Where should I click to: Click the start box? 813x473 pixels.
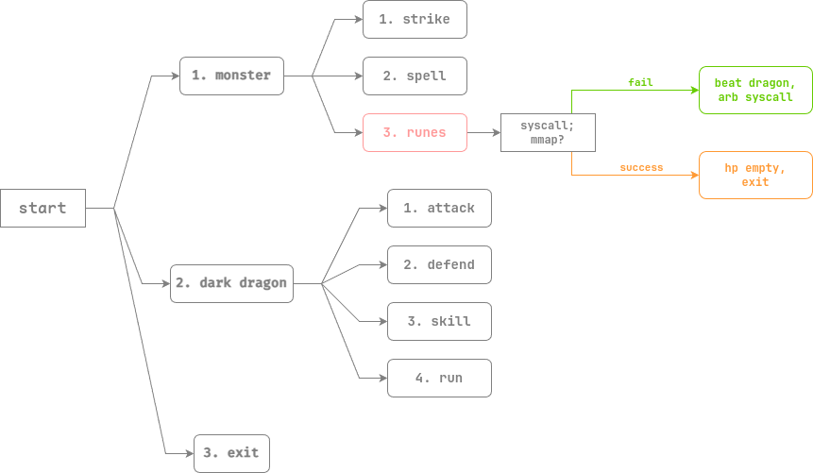click(42, 208)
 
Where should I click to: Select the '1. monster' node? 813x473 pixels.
click(231, 76)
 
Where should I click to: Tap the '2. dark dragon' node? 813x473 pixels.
click(231, 283)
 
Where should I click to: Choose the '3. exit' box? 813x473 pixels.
click(232, 453)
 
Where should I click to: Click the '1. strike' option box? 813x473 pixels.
click(415, 19)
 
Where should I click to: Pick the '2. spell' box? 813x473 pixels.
click(415, 76)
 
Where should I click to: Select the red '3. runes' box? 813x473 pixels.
click(415, 132)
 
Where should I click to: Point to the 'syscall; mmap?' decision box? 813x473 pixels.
click(549, 132)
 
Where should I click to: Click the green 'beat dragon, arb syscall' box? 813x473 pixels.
click(754, 91)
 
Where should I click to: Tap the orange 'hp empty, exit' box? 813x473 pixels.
click(754, 175)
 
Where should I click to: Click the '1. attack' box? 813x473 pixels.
click(439, 208)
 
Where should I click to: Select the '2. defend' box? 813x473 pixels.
click(439, 264)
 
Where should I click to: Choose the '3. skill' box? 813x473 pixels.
click(439, 321)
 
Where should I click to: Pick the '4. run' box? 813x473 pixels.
click(439, 378)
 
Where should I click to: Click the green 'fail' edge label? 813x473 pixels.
click(641, 83)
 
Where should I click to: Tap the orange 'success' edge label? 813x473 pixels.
click(641, 167)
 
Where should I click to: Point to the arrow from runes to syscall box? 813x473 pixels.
click(484, 132)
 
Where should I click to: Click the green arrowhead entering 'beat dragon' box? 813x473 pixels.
click(694, 91)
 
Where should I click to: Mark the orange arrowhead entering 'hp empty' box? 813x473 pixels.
click(694, 175)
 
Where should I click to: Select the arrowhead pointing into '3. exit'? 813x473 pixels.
click(189, 453)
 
